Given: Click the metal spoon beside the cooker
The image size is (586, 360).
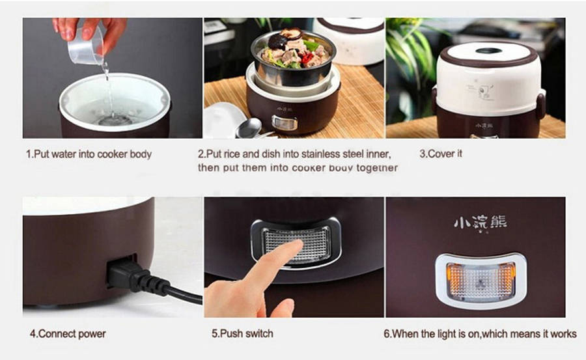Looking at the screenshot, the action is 249,128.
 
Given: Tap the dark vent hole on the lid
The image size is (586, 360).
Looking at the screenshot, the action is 488,51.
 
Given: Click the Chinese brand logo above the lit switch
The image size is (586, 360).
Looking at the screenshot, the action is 481,223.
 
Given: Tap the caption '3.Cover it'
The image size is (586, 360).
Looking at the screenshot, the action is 441,154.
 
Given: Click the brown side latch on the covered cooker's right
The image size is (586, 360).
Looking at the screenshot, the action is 540,106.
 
